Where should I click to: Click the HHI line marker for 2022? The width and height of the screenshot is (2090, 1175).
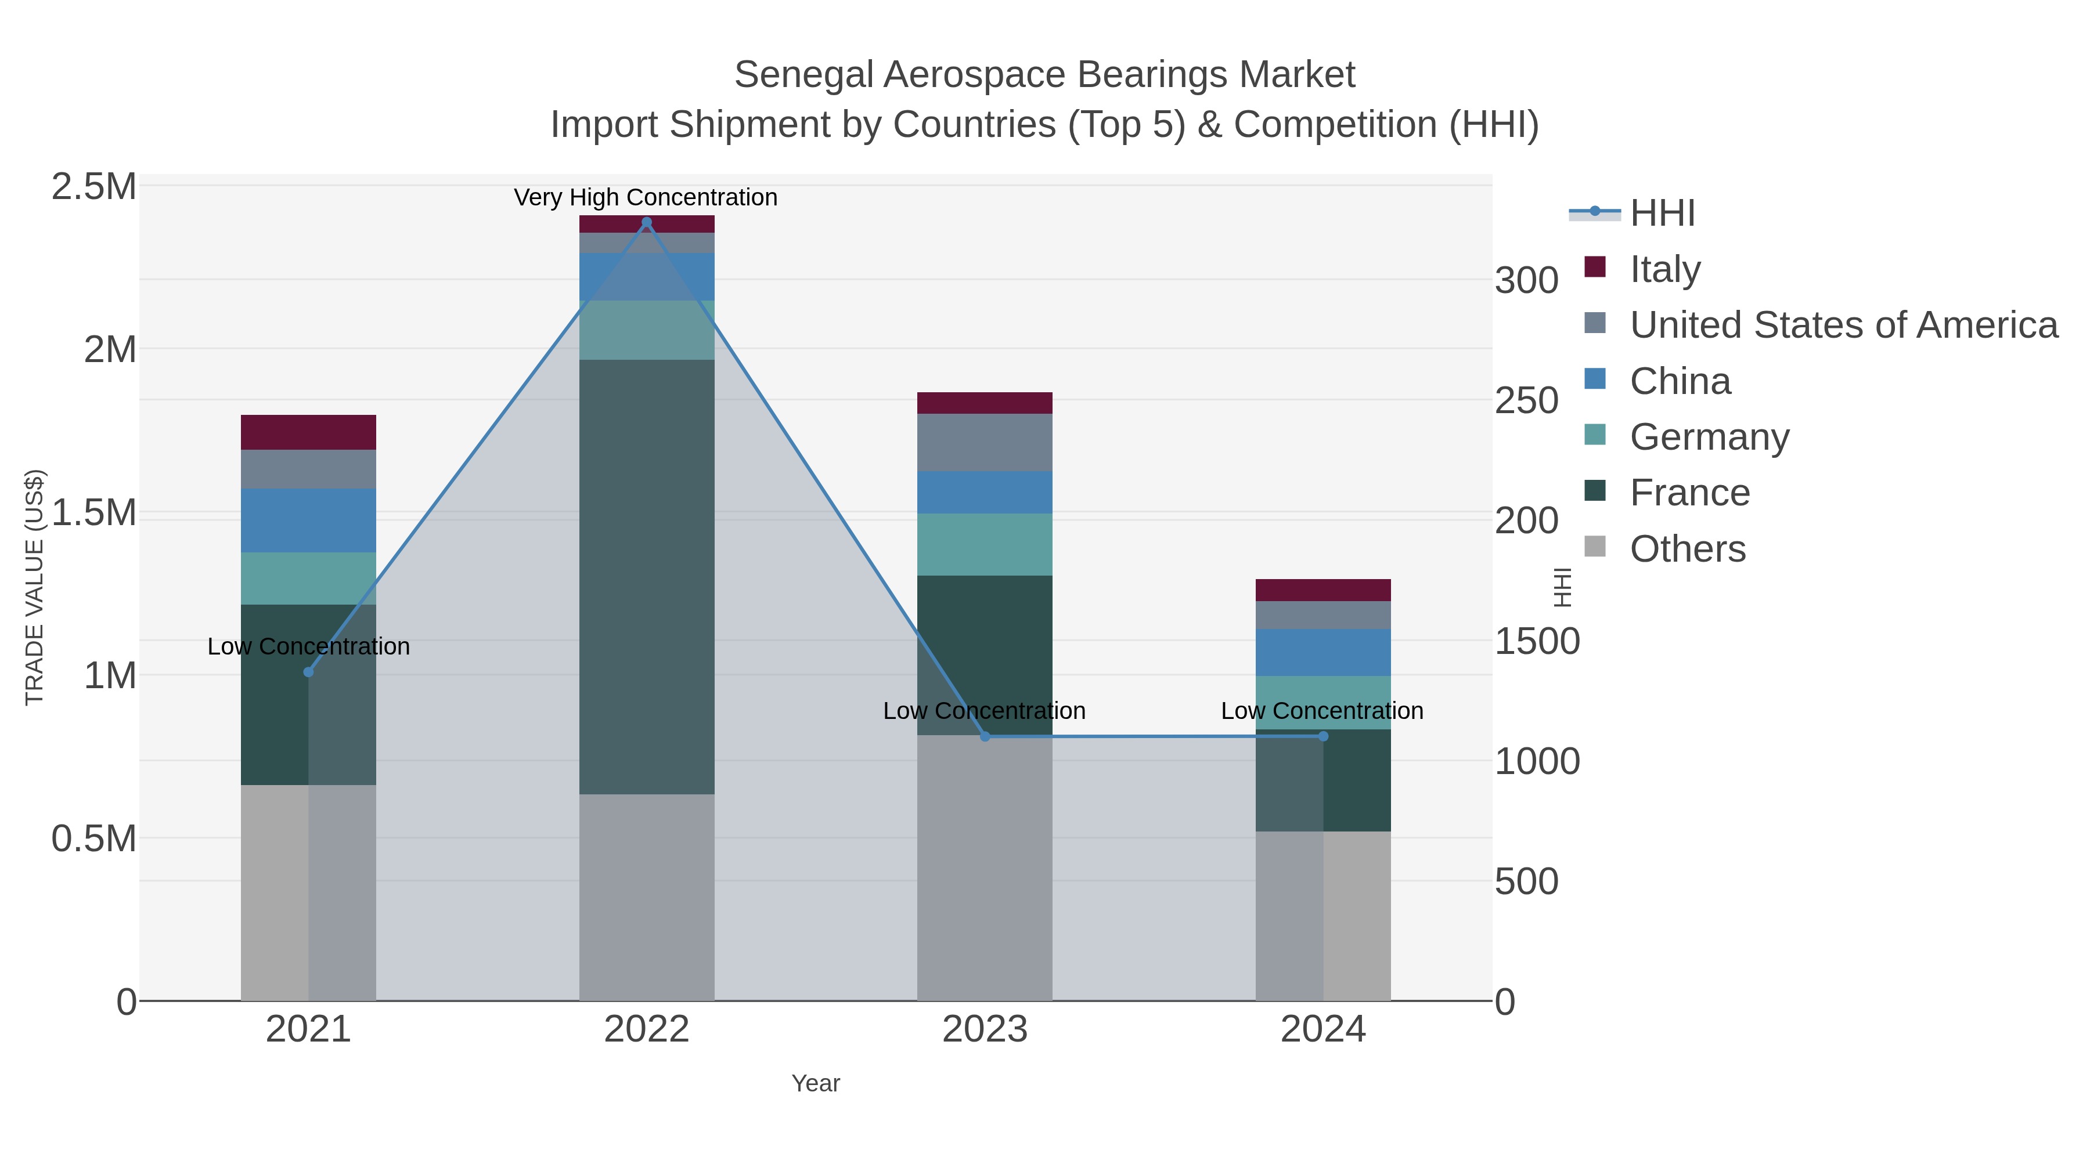coord(647,222)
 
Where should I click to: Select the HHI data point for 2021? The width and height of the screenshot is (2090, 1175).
coord(308,673)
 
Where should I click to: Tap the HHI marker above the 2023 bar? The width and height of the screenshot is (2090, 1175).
coord(985,736)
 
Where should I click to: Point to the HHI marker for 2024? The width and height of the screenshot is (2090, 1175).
coord(1323,736)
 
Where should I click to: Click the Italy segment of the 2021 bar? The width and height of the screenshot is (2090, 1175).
coord(308,432)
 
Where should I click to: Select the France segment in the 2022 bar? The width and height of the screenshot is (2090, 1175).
coord(647,576)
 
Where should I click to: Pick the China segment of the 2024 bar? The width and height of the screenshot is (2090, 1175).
coord(1323,653)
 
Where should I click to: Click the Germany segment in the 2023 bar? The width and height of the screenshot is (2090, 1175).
coord(985,544)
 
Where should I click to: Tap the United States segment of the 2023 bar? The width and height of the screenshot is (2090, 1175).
coord(985,442)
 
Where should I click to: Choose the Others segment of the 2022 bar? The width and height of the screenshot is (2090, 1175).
coord(647,896)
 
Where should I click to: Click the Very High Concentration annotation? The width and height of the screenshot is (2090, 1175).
coord(646,198)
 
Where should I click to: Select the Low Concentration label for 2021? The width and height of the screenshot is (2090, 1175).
coord(308,647)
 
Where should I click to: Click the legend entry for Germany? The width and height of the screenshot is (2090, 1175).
coord(1710,437)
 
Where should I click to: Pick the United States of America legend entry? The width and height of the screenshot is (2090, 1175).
coord(1843,325)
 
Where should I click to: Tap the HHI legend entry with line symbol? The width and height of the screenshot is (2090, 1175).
coord(1663,214)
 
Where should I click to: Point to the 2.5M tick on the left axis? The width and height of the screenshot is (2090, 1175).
coord(93,187)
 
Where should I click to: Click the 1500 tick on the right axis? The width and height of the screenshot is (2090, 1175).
coord(1537,641)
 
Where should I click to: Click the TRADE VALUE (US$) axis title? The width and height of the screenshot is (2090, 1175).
coord(35,587)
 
